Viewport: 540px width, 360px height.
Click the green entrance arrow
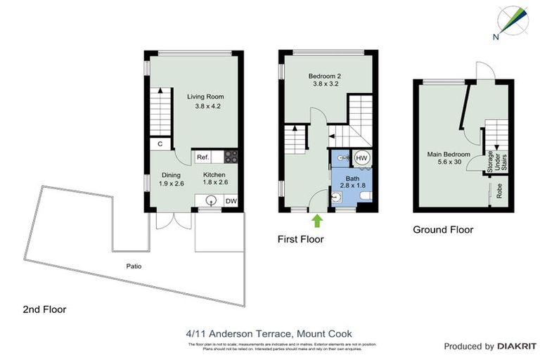(x=317, y=221)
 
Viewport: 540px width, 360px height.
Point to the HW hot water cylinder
(x=361, y=158)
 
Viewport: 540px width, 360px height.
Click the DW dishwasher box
(x=231, y=201)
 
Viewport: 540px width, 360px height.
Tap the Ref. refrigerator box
(x=202, y=157)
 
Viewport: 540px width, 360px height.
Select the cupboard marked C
(x=160, y=144)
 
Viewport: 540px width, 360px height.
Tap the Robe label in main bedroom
(x=499, y=191)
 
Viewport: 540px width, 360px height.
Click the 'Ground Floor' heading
(x=443, y=229)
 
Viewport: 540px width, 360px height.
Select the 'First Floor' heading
(x=300, y=239)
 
